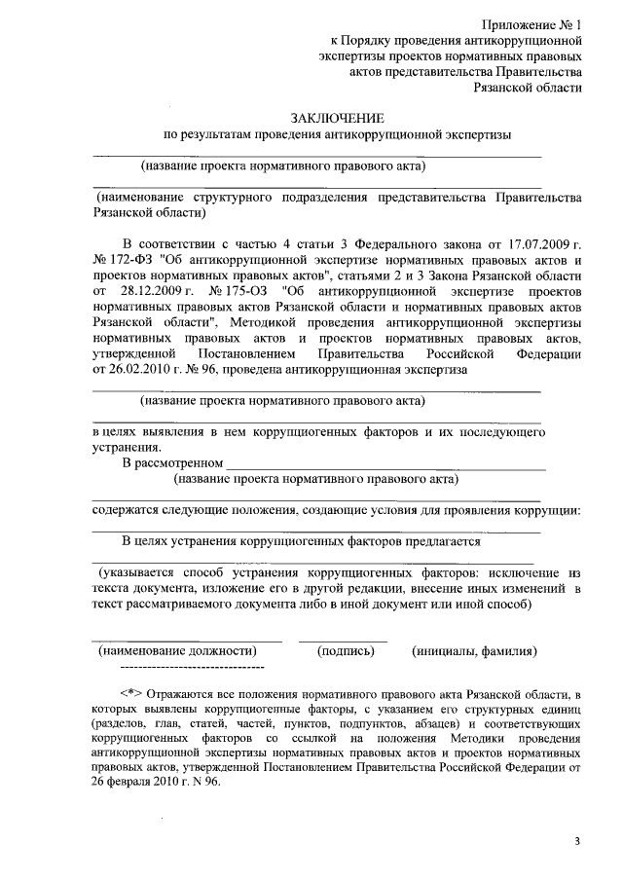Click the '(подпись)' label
pyautogui.click(x=346, y=651)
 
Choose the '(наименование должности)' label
pyautogui.click(x=177, y=651)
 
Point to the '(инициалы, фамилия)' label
pyautogui.click(x=474, y=651)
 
